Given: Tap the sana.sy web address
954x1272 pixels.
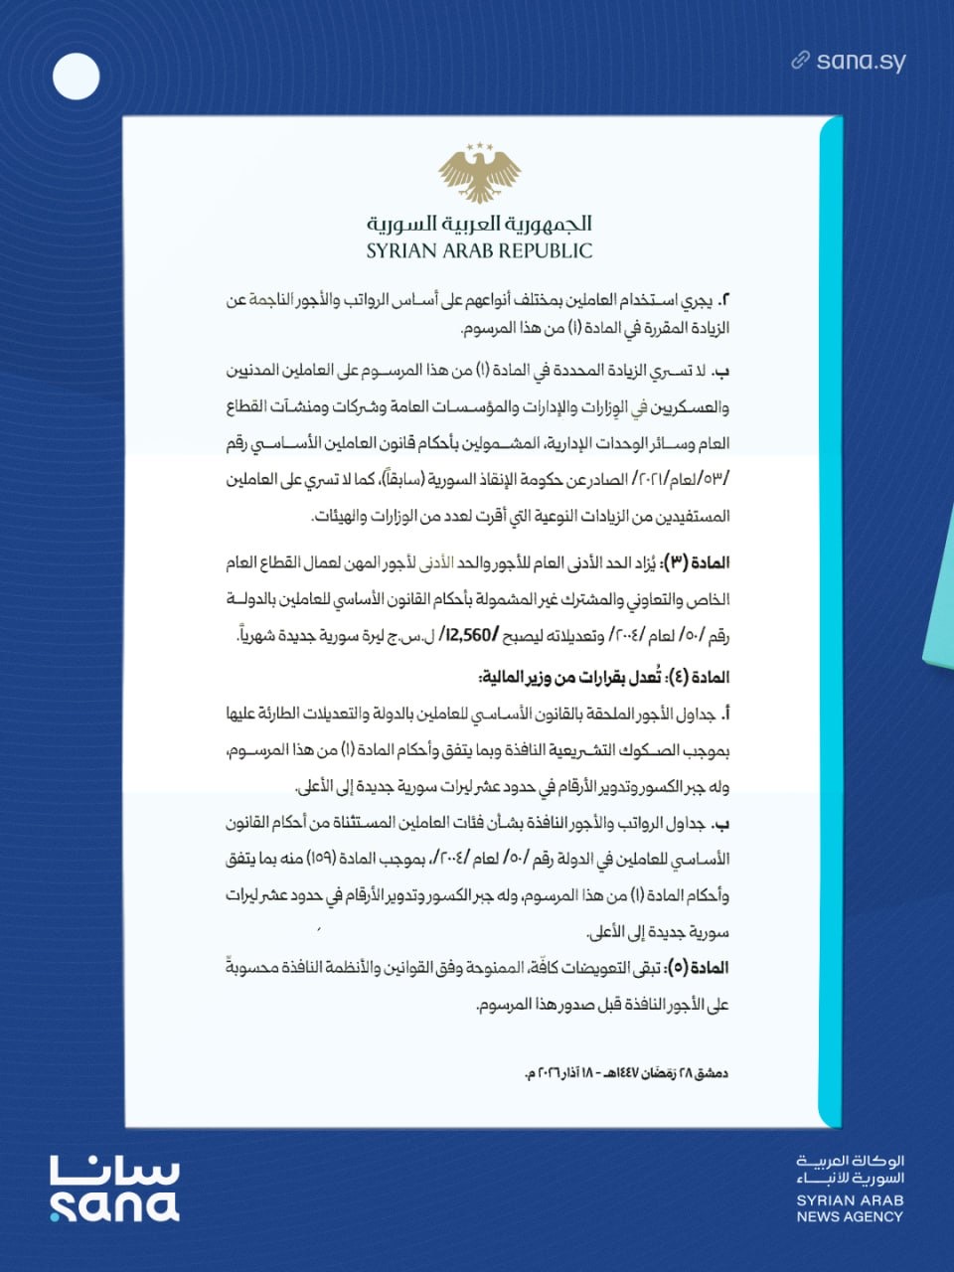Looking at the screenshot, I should [861, 61].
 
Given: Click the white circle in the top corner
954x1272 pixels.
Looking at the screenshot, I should [77, 77].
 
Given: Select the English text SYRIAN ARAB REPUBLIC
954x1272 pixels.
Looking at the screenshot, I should [479, 250].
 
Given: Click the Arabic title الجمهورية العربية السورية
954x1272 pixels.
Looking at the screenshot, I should [479, 223].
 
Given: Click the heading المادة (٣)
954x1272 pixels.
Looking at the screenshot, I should [695, 562].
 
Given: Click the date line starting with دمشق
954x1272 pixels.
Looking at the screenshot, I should [626, 1073].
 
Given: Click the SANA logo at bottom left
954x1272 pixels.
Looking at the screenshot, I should [114, 1189].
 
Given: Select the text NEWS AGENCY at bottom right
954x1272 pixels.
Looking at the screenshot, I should [850, 1215].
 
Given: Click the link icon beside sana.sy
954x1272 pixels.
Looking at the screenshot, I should [800, 61].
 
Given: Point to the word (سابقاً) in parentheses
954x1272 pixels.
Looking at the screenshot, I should [398, 480].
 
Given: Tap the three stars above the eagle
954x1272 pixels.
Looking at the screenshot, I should [480, 147].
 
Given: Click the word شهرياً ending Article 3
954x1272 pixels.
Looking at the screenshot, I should [261, 635].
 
